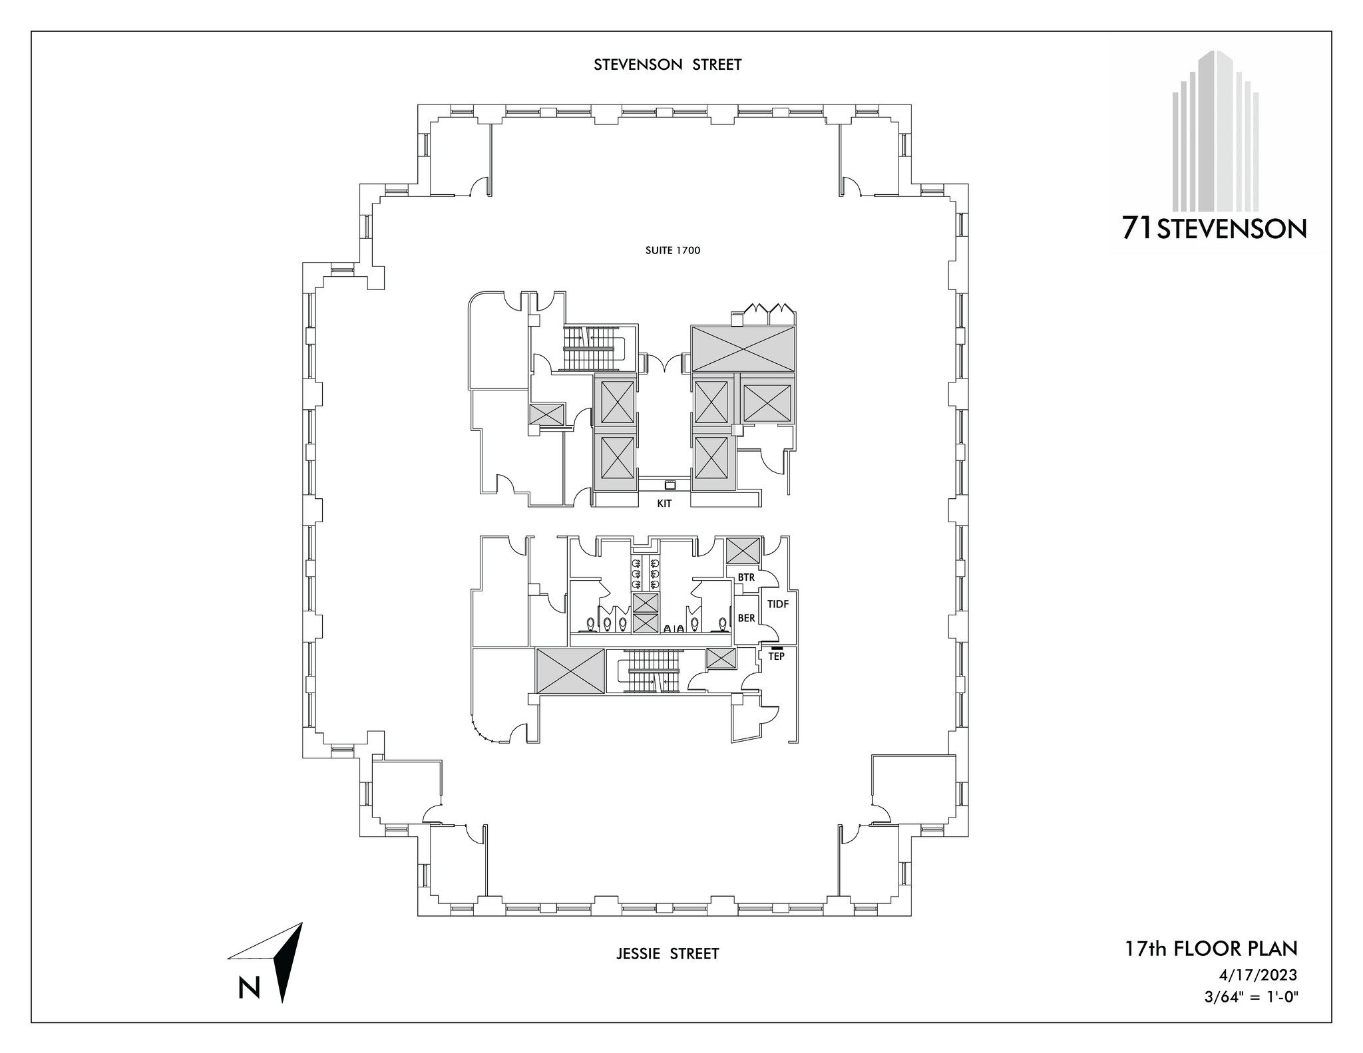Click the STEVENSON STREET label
click(x=668, y=65)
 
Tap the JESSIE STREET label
click(x=668, y=954)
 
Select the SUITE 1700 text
click(x=672, y=251)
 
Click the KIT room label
click(x=664, y=504)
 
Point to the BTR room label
click(x=746, y=577)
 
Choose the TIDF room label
click(x=778, y=604)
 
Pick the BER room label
click(x=746, y=618)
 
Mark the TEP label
click(x=776, y=656)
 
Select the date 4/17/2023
click(x=1258, y=975)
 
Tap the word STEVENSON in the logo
click(x=1232, y=230)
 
